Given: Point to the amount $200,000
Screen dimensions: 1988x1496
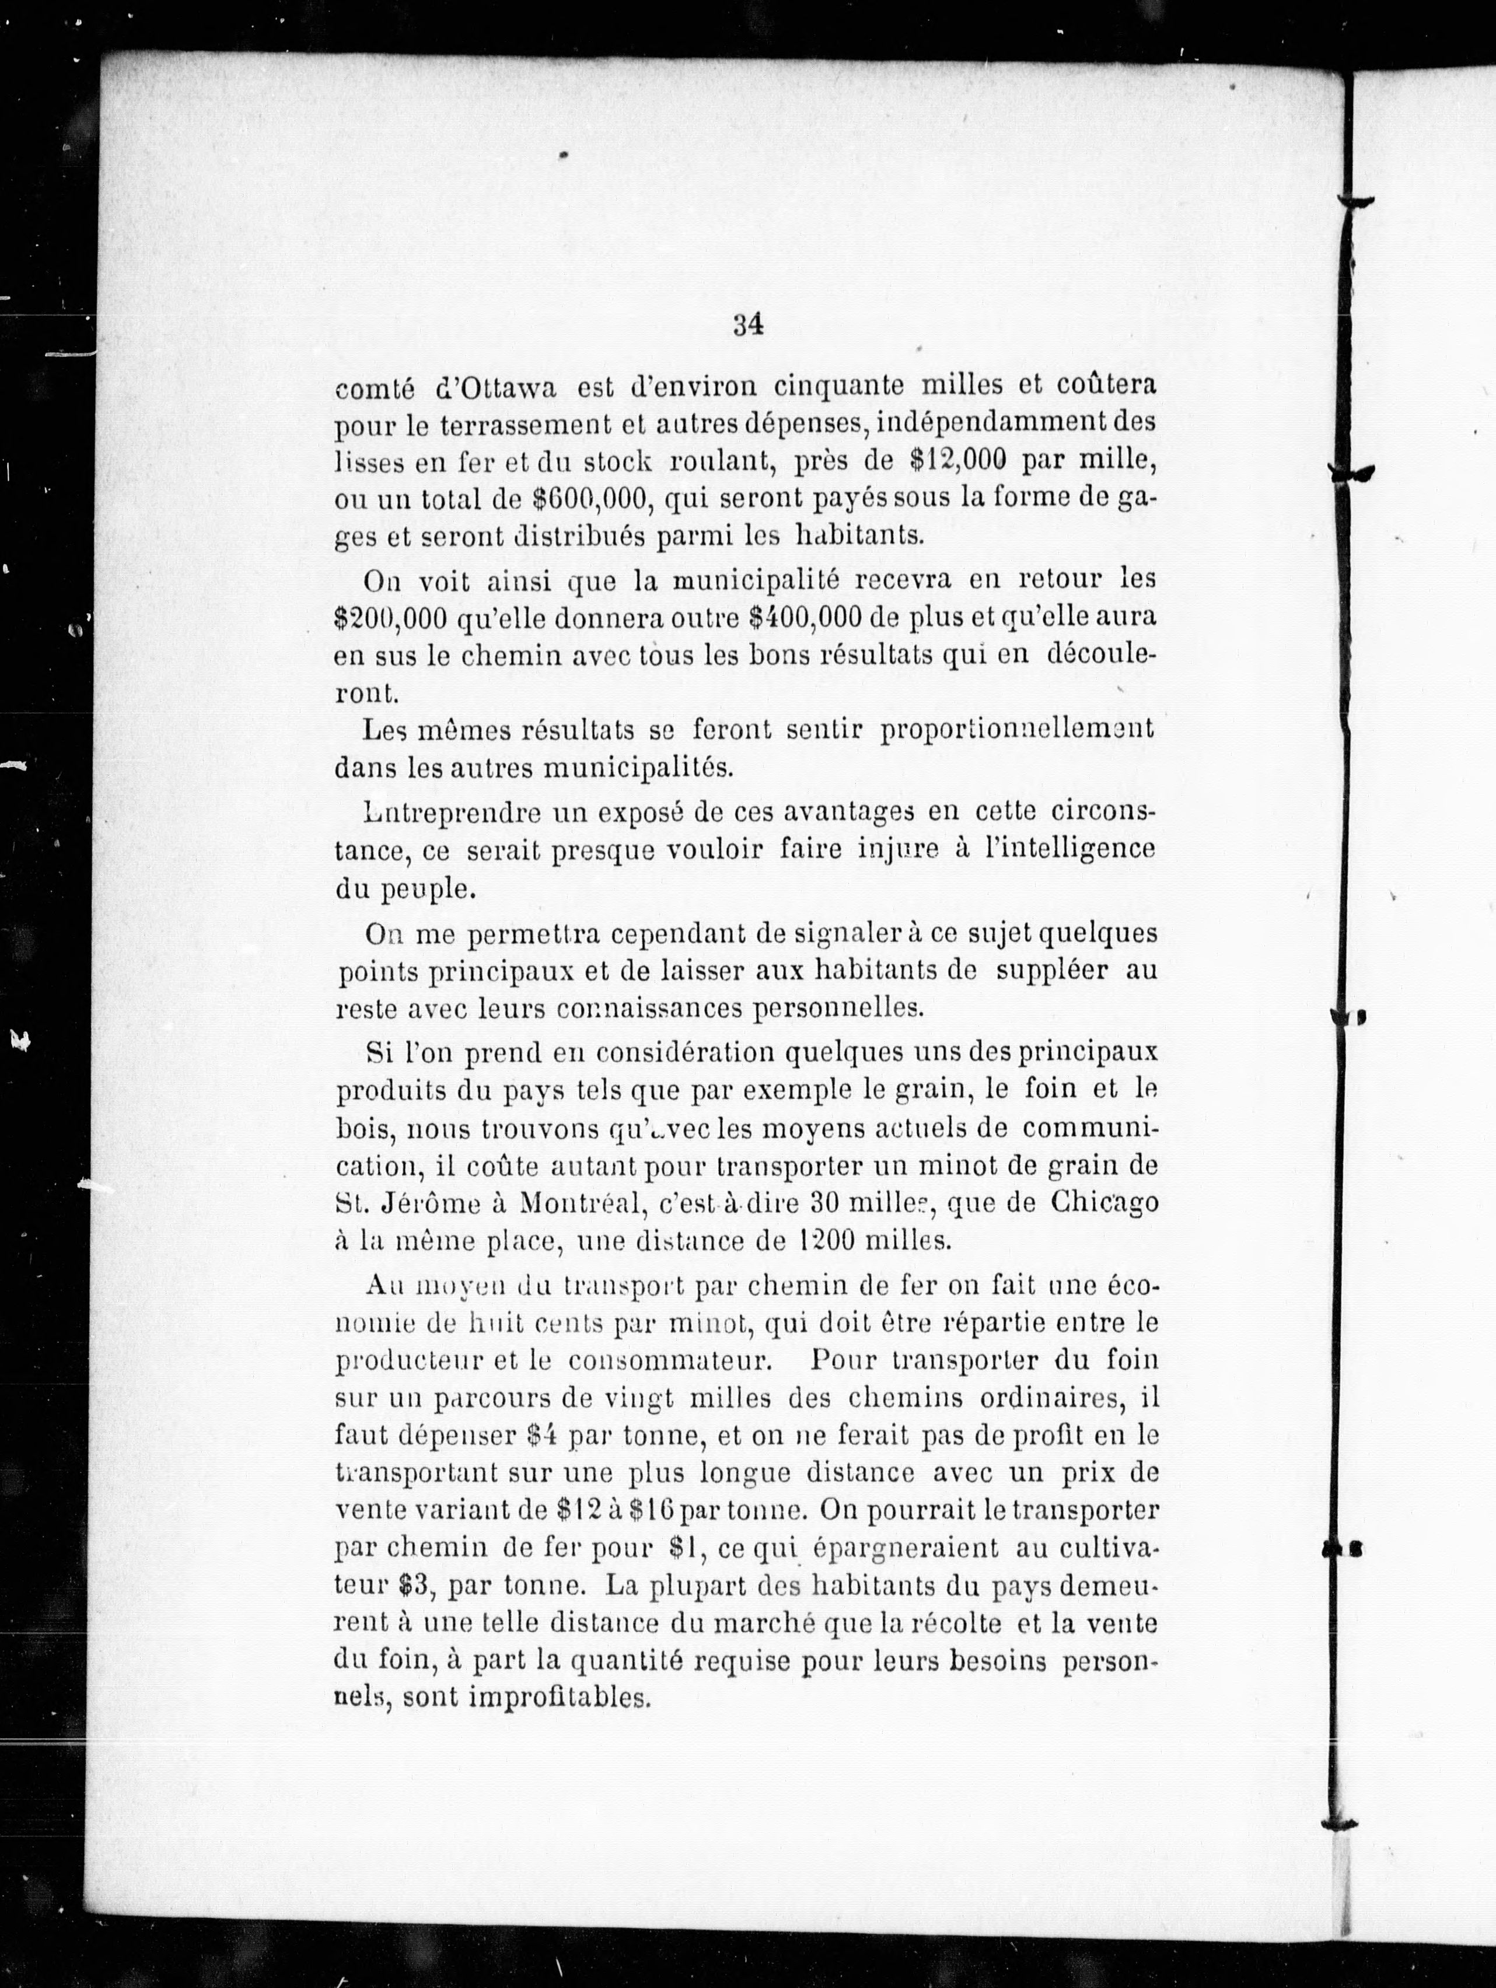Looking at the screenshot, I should [x=389, y=619].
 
